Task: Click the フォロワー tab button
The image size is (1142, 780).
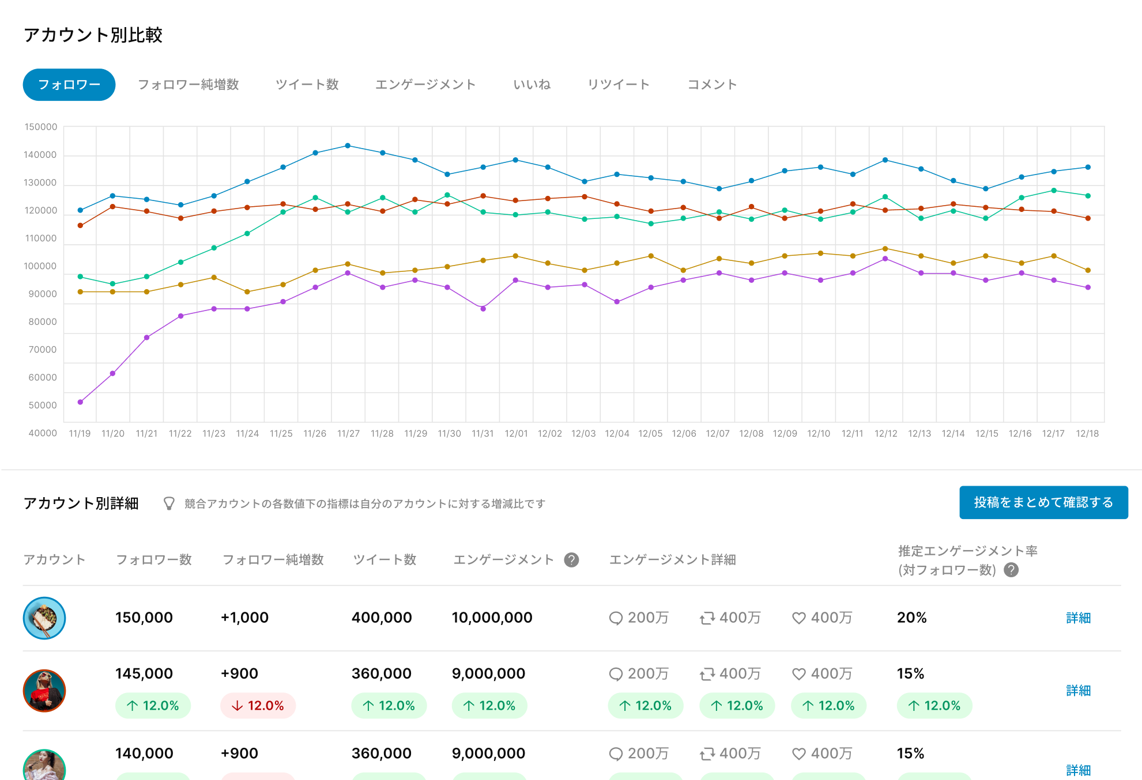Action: (69, 85)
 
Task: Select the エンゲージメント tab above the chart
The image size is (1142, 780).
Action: (425, 85)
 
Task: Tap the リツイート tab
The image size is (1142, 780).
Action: (619, 85)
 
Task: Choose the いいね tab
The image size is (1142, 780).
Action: (532, 85)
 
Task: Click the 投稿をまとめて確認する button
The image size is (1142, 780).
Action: (1043, 502)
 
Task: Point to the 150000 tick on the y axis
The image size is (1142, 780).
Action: (41, 127)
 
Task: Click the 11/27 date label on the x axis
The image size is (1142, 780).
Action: (348, 433)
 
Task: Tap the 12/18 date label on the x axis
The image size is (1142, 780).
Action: (1087, 433)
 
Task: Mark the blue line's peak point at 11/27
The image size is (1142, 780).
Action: (348, 146)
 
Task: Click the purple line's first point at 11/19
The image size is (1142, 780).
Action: (80, 402)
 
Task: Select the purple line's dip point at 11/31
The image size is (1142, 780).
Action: (483, 309)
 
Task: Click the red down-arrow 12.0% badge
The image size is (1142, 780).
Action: (258, 706)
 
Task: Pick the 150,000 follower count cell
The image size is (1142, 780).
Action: (144, 618)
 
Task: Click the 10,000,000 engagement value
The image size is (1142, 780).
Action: (492, 618)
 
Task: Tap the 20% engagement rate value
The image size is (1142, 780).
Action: (911, 618)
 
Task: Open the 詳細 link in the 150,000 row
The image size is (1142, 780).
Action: (1078, 618)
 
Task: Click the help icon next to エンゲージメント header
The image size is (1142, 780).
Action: (571, 560)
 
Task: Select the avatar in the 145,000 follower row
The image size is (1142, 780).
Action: (44, 691)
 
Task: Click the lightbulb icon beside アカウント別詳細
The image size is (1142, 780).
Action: (169, 503)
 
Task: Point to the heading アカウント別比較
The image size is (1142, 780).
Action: (93, 35)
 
